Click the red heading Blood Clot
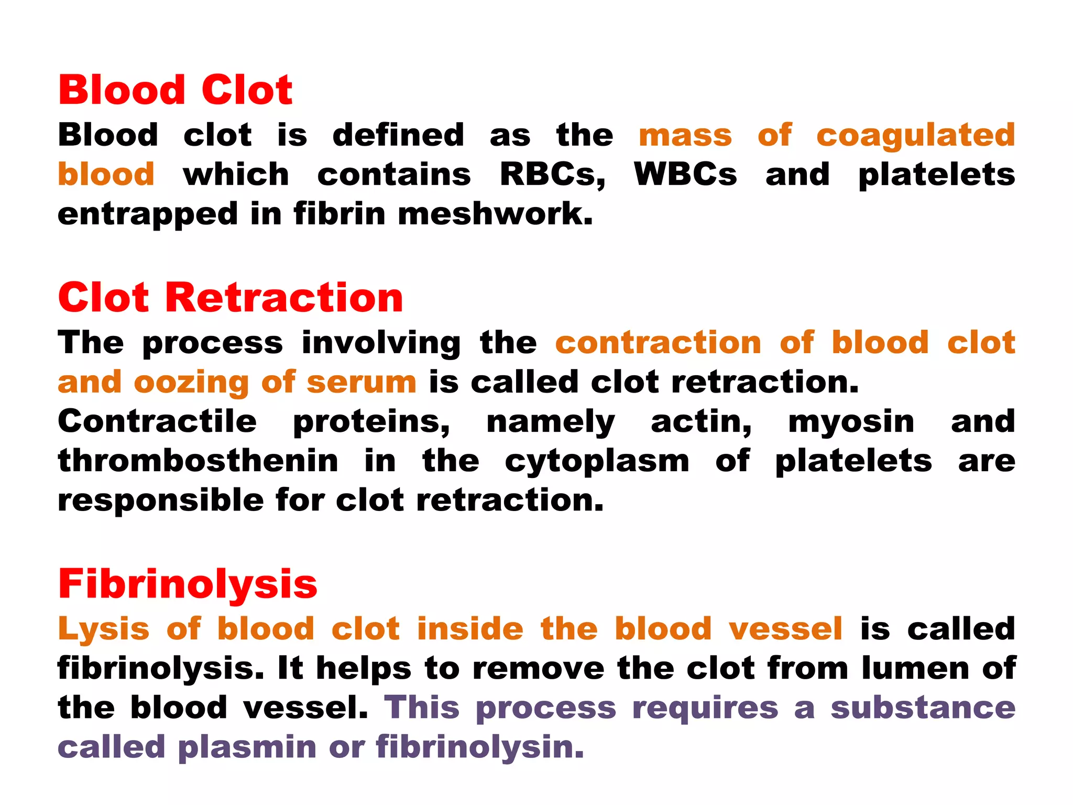[175, 90]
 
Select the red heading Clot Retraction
[231, 298]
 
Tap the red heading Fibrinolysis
[188, 584]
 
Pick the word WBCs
[685, 175]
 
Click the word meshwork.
[495, 214]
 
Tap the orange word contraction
[658, 343]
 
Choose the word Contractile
[157, 422]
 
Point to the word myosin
[851, 422]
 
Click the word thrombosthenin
[198, 461]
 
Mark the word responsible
[161, 501]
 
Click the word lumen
[915, 669]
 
